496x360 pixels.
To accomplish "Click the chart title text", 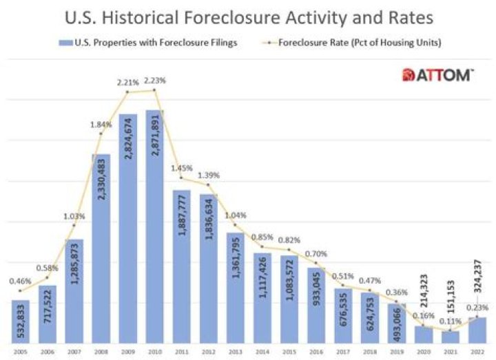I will pos(247,16).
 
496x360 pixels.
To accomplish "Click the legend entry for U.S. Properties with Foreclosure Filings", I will pos(149,43).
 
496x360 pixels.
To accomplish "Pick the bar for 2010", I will pos(155,227).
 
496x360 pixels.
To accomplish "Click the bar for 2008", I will pos(101,248).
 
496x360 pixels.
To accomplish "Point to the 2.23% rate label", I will pos(154,82).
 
